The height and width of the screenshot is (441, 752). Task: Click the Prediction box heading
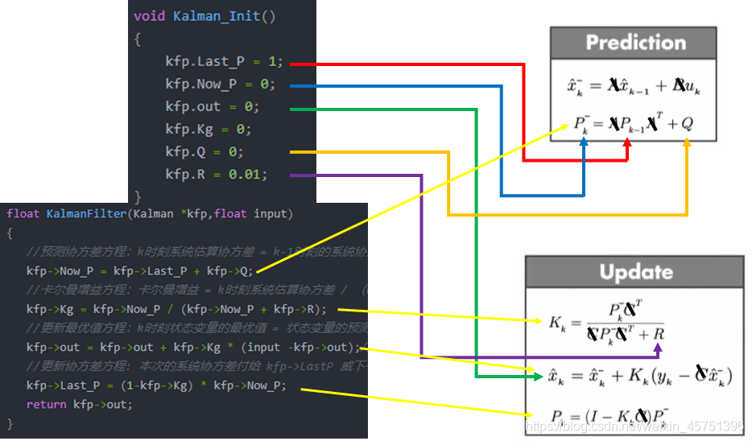coord(635,43)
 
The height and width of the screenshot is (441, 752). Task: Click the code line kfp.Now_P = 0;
coord(220,84)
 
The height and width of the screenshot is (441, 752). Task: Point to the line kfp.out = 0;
coord(212,106)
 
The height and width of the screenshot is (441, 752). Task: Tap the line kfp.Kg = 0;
coord(209,129)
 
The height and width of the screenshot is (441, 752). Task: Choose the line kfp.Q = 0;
coord(205,151)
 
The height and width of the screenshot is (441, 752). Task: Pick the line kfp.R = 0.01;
coord(217,174)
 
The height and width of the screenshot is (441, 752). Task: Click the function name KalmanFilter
coord(89,213)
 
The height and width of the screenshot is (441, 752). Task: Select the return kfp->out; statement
coord(79,404)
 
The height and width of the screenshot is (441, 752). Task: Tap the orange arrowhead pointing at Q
coord(687,143)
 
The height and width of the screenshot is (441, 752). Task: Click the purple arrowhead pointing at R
coord(659,348)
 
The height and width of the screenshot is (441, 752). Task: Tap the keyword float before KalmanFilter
coord(23,213)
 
